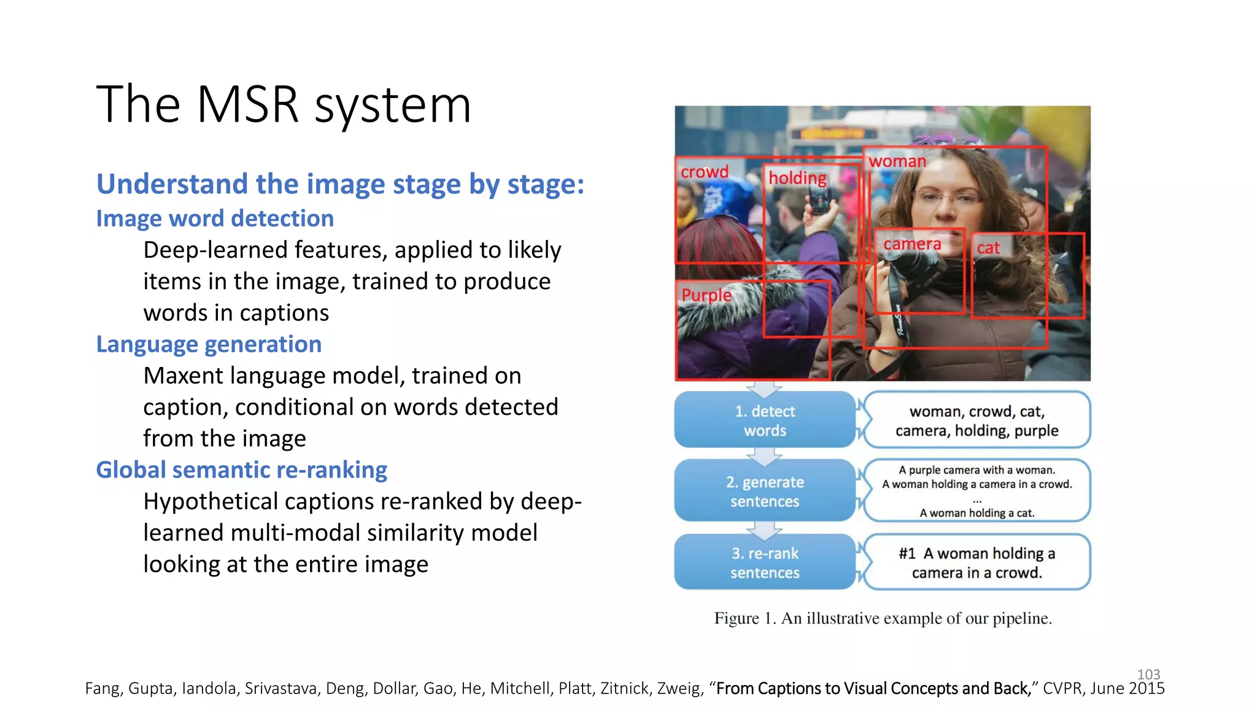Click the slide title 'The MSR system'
point(284,104)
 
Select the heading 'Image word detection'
point(215,218)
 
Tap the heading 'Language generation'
point(209,344)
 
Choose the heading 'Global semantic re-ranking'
point(241,470)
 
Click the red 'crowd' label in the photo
point(704,172)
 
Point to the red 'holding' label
point(797,178)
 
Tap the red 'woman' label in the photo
point(897,161)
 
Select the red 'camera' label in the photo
point(911,244)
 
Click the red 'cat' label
point(988,248)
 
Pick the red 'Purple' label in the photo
point(706,295)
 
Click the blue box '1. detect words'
point(765,420)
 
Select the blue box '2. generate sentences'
point(765,491)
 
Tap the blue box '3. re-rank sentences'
point(765,562)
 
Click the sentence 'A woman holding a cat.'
point(977,513)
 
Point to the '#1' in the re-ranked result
point(907,554)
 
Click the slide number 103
point(1148,674)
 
